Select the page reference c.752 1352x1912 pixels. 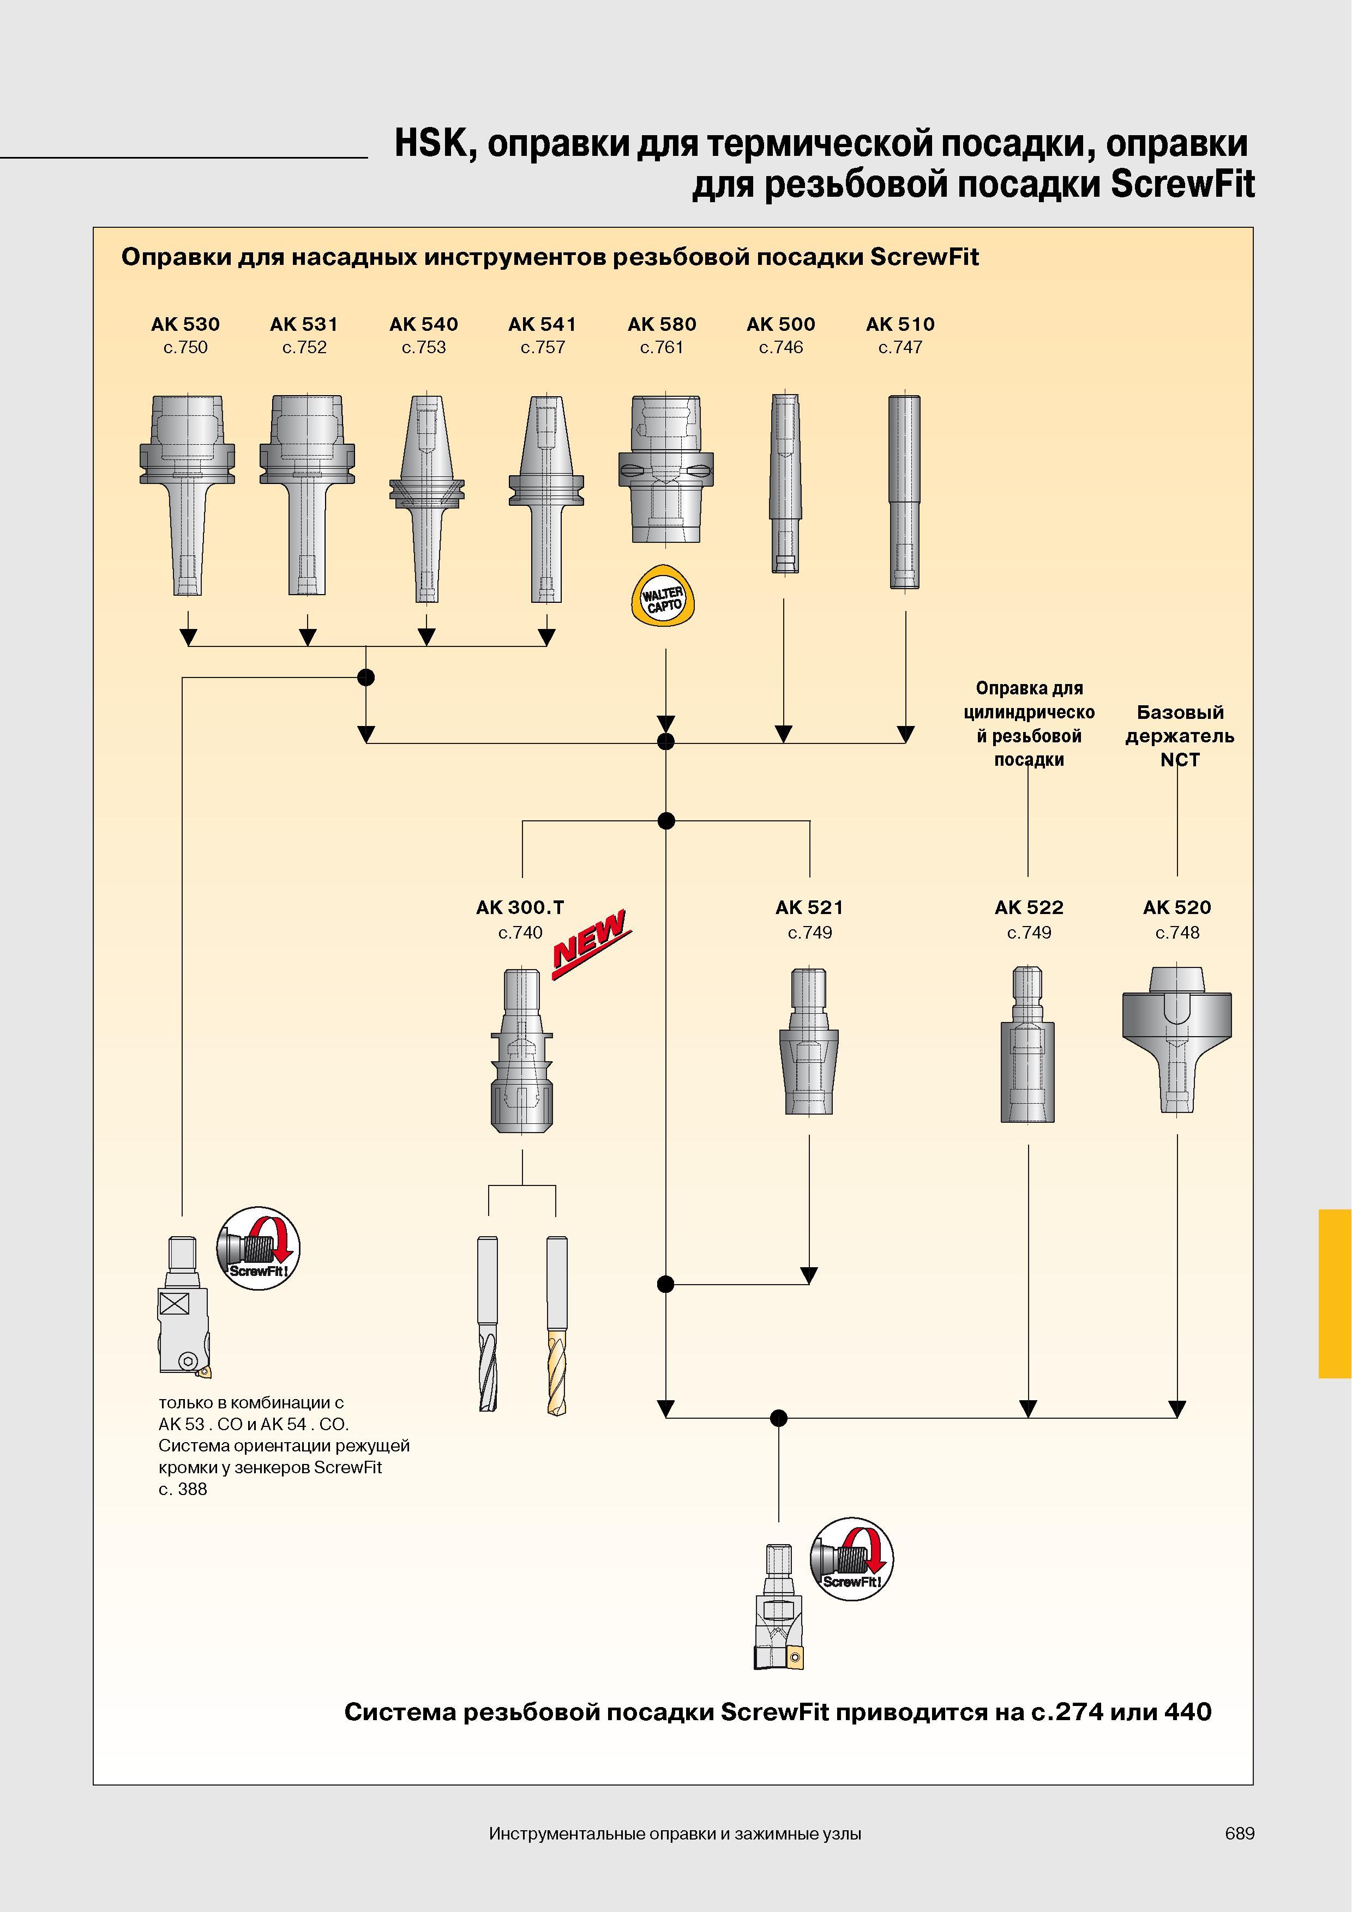(304, 347)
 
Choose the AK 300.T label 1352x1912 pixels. (520, 907)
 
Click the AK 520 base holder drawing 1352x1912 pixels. (1176, 1040)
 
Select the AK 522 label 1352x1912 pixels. (1029, 907)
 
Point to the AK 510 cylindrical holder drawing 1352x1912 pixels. (904, 491)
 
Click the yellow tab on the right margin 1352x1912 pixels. (1335, 1294)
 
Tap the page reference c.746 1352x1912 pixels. (780, 347)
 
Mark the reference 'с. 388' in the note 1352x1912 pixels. (183, 1489)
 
